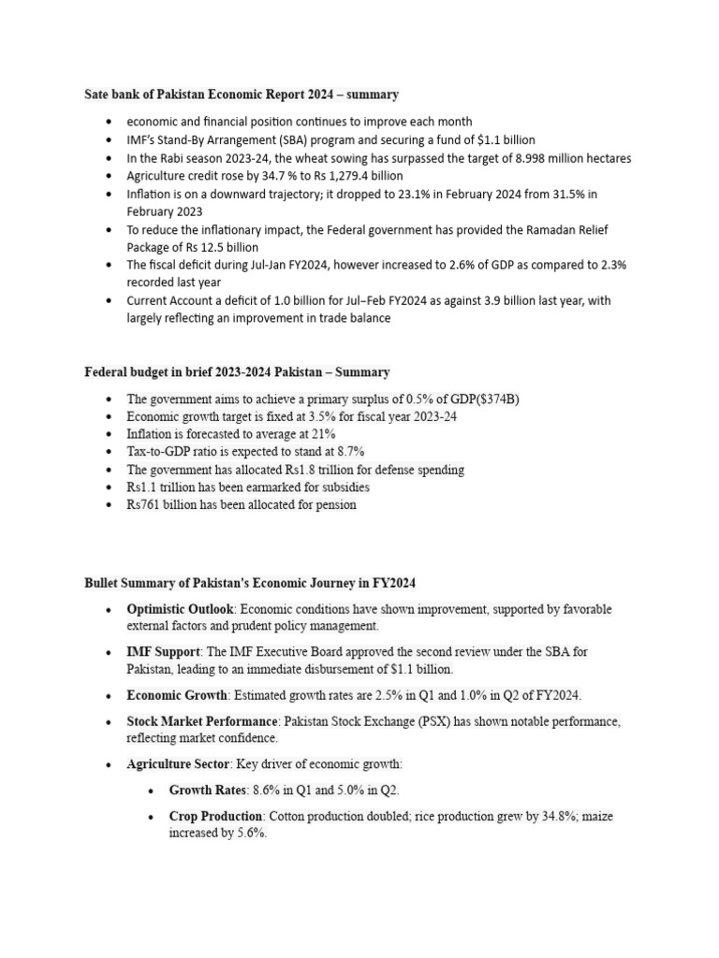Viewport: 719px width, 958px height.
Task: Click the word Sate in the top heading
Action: (97, 94)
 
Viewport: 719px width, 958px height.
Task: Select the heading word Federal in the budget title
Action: (106, 372)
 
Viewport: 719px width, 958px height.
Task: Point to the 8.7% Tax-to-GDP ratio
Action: (321, 453)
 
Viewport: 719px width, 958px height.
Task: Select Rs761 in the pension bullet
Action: (145, 505)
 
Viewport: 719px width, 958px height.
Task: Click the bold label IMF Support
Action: (163, 651)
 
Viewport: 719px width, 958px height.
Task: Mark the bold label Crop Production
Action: (215, 817)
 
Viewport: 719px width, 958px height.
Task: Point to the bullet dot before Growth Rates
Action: (153, 791)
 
